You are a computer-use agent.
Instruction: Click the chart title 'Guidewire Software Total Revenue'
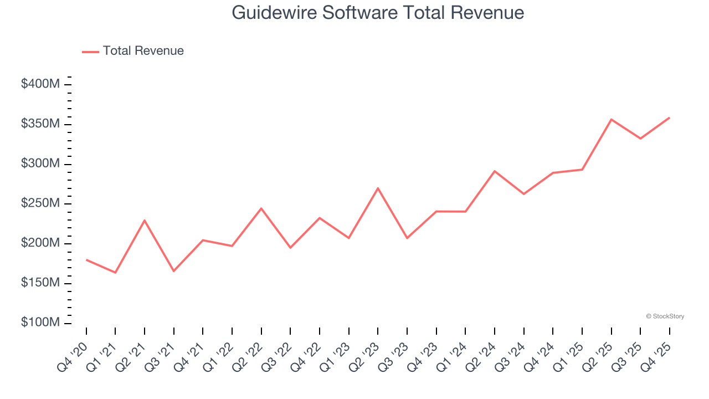coord(378,12)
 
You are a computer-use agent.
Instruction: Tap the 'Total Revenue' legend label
coord(143,51)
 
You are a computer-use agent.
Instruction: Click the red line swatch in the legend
coord(90,52)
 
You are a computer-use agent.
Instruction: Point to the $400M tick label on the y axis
coord(40,84)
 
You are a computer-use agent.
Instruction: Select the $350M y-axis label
coord(40,124)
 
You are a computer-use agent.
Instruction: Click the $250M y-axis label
coord(40,204)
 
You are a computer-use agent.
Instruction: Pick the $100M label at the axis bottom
coord(40,323)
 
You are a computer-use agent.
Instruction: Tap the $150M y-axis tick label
coord(40,283)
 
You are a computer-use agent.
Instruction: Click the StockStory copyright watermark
coord(665,316)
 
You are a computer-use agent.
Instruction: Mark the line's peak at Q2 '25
coord(611,119)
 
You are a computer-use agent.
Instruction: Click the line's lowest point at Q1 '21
coord(115,273)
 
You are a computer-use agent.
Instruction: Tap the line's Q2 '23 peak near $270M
coord(378,188)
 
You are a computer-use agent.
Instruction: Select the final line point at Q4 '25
coord(669,117)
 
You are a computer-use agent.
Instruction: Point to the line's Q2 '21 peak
coord(145,221)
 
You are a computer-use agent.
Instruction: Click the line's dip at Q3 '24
coord(523,194)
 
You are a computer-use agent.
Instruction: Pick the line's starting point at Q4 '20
coord(86,259)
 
